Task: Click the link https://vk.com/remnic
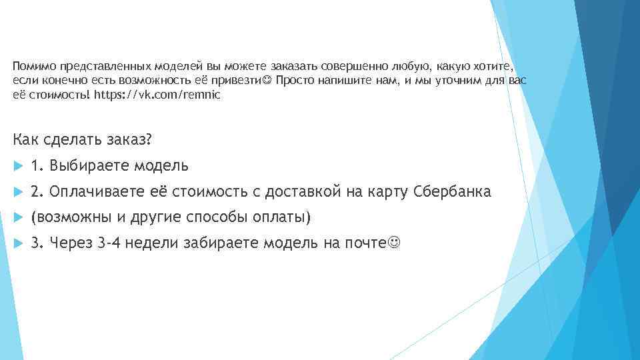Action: click(157, 95)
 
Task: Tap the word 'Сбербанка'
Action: click(452, 192)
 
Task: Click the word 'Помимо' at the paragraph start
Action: click(34, 67)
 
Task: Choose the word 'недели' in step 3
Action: click(160, 243)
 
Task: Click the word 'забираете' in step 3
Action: click(226, 243)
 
